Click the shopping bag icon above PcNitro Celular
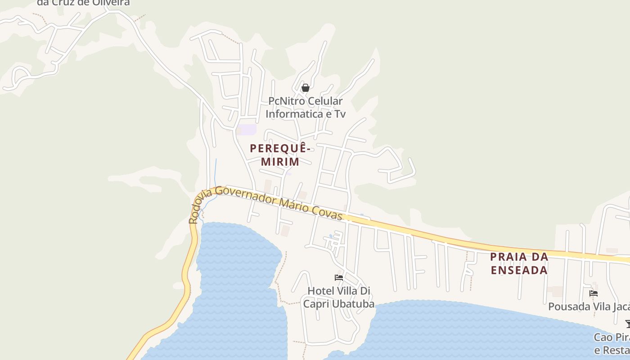pos(306,88)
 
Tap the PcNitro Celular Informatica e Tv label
pos(306,108)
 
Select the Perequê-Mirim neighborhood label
pos(280,154)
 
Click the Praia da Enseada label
pos(519,263)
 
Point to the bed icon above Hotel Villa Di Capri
pos(339,277)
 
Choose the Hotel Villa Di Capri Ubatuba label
pos(338,297)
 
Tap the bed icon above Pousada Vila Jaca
pos(594,293)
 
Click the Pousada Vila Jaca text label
pos(589,306)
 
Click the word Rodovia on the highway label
pos(197,207)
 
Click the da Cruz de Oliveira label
pos(83,3)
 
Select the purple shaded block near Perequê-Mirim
pos(247,130)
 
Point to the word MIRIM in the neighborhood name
pos(280,162)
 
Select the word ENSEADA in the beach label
pos(519,270)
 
